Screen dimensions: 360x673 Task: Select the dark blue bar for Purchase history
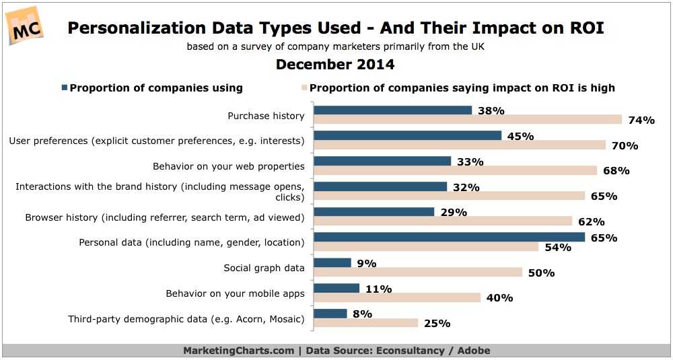point(393,110)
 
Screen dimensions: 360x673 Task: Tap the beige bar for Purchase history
point(468,120)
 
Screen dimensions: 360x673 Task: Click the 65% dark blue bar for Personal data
point(450,237)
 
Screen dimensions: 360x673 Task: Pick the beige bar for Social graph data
point(418,272)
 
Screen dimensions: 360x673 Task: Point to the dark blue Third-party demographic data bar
point(330,314)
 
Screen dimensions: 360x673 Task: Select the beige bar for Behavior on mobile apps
point(397,297)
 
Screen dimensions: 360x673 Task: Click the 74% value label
point(641,120)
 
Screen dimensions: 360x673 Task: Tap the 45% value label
point(520,137)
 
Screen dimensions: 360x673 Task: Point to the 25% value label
point(437,324)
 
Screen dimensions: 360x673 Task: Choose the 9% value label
point(367,263)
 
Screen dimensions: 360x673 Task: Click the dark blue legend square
point(64,87)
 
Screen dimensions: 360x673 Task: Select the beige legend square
point(304,87)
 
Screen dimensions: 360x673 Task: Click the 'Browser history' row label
point(165,217)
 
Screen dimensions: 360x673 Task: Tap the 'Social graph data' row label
point(264,268)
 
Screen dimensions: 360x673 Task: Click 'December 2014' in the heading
point(335,65)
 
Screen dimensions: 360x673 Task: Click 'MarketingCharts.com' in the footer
point(238,351)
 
